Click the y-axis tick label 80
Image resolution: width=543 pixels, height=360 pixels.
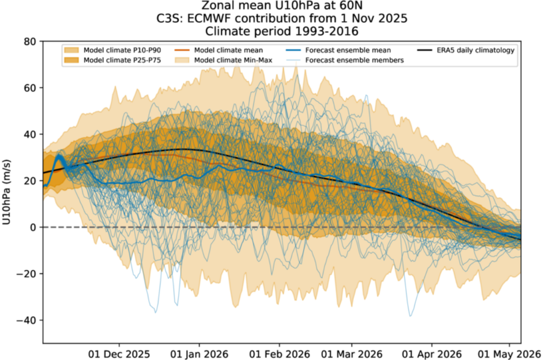click(x=31, y=41)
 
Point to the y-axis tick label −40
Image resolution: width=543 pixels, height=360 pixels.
click(x=28, y=320)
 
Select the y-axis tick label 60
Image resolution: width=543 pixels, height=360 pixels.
click(x=31, y=88)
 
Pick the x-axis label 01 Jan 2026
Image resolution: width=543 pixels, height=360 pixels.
click(x=198, y=353)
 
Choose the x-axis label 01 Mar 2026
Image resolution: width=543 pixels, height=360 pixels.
click(x=351, y=353)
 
